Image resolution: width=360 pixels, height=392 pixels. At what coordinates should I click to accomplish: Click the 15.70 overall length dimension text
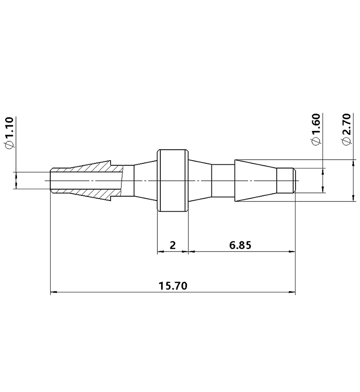[x=173, y=286]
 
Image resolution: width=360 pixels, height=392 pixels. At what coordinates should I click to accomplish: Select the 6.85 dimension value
[x=240, y=245]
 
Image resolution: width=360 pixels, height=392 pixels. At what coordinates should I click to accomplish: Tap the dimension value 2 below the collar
[x=172, y=245]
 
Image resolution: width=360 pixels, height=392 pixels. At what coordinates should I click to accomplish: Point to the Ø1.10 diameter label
[x=9, y=133]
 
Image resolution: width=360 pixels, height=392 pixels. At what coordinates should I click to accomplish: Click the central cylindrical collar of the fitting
[x=172, y=181]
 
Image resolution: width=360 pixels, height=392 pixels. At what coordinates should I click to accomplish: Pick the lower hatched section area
[x=96, y=193]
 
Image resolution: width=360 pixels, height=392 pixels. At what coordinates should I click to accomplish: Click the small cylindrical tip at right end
[x=285, y=181]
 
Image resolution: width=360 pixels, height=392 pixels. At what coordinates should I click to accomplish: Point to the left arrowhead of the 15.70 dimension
[x=53, y=293]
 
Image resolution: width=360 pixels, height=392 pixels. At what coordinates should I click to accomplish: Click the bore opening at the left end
[x=52, y=181]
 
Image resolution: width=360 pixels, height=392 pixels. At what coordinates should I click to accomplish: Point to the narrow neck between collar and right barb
[x=223, y=181]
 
